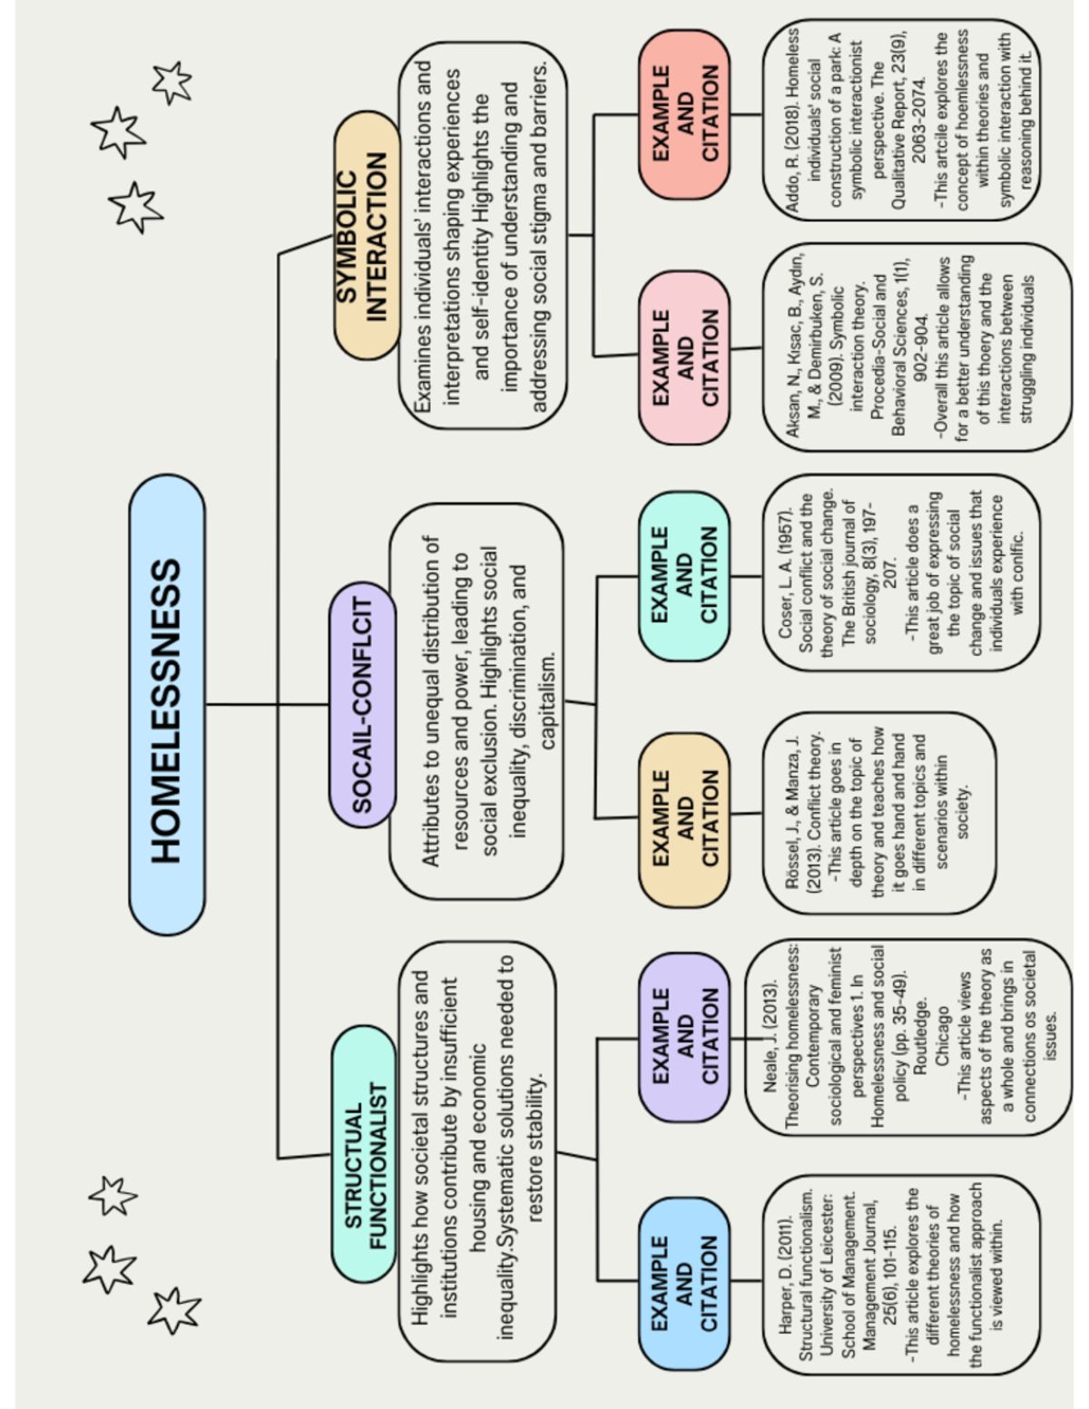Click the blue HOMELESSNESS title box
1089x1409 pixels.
point(167,705)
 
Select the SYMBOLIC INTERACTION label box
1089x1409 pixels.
point(366,236)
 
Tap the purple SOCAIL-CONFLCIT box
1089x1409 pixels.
point(362,705)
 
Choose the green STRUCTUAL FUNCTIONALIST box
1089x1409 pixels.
point(364,1154)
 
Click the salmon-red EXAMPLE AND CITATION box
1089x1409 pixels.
point(684,114)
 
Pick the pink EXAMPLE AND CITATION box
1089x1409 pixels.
point(684,357)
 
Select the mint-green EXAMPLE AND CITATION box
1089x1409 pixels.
point(684,575)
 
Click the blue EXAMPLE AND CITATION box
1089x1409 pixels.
point(684,1282)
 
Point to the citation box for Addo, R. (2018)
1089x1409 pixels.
point(900,120)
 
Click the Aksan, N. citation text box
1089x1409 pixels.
point(916,347)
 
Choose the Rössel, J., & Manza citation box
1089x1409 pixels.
point(878,812)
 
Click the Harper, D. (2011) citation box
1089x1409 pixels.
point(900,1275)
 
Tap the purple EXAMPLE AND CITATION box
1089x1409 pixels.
point(684,1037)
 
